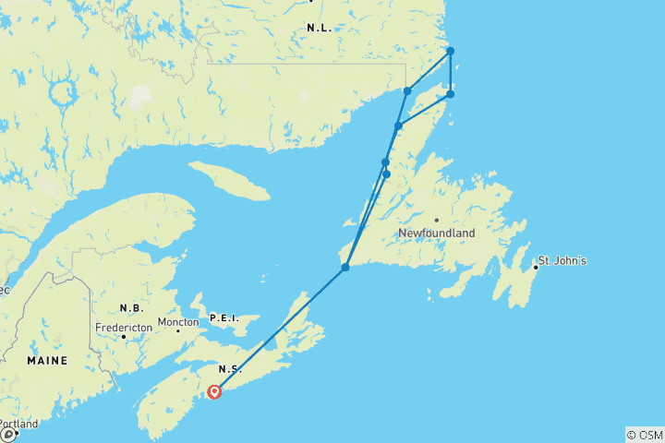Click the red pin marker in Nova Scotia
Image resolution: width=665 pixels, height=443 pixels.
tap(214, 390)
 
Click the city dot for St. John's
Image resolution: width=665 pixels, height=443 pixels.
tap(536, 268)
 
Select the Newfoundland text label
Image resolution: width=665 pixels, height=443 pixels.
tap(437, 233)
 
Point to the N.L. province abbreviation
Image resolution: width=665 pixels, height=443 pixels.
tap(319, 29)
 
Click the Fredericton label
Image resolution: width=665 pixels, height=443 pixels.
tap(123, 327)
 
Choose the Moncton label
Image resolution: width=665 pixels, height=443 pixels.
tap(177, 322)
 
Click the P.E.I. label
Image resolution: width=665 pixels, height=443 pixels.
tap(224, 317)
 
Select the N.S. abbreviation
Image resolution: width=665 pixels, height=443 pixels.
tap(231, 369)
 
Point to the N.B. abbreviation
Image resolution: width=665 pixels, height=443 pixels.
tap(130, 307)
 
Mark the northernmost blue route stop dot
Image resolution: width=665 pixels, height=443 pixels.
tap(450, 51)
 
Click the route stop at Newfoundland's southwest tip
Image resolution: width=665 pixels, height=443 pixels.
tap(345, 268)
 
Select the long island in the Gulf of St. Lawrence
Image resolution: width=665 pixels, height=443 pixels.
tap(229, 180)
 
